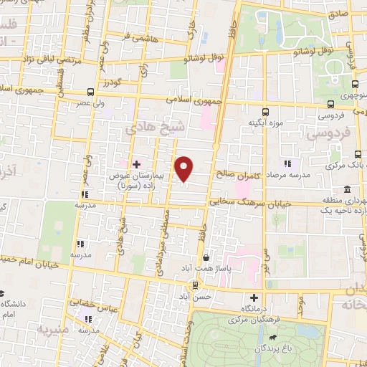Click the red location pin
pos(185,169)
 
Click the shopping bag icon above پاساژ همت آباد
pos(206,257)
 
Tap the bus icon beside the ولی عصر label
pos(89,92)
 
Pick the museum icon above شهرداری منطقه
pos(347,189)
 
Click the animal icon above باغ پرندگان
pos(272,338)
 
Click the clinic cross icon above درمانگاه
pos(254,297)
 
